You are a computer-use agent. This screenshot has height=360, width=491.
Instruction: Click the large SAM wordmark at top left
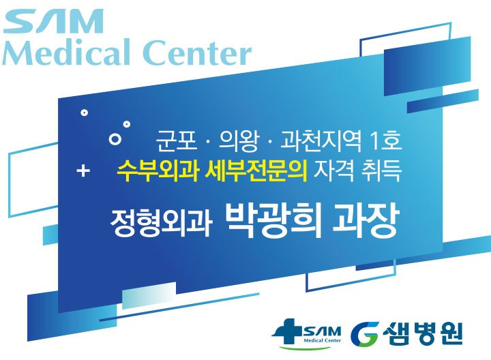pyautogui.click(x=53, y=21)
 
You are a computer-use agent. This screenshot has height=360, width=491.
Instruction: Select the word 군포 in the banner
pyautogui.click(x=177, y=140)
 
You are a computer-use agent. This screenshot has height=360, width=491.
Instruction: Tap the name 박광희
pyautogui.click(x=273, y=221)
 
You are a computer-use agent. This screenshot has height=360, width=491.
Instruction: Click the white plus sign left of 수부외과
pyautogui.click(x=83, y=170)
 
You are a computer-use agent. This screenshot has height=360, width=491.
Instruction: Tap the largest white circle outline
pyautogui.click(x=115, y=138)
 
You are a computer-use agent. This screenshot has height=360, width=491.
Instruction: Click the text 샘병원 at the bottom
pyautogui.click(x=423, y=333)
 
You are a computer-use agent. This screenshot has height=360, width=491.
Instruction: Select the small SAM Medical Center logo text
pyautogui.click(x=322, y=334)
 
